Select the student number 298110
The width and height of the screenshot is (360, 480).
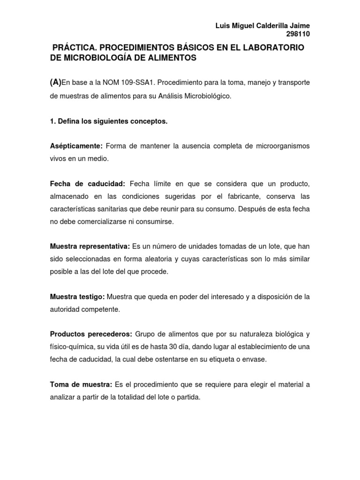pos(298,34)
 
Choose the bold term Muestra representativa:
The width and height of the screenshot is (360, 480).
pos(90,247)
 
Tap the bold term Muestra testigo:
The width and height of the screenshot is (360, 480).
pos(77,297)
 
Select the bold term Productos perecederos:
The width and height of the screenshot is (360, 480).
pos(90,335)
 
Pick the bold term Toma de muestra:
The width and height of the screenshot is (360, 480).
pos(81,385)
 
